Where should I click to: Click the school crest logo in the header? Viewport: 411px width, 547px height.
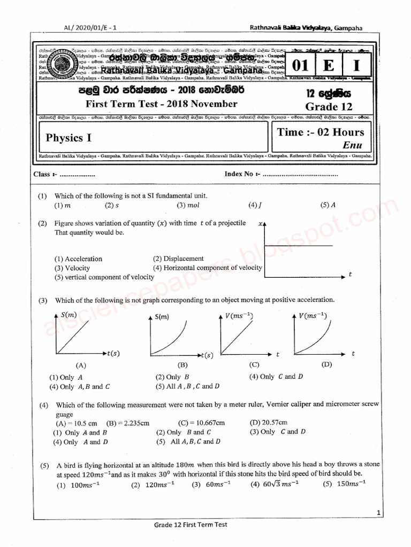click(x=65, y=64)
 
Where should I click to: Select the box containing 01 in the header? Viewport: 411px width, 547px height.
click(x=301, y=66)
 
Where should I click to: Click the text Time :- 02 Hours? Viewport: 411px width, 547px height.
click(x=321, y=132)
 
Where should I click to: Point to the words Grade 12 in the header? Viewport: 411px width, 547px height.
click(x=329, y=106)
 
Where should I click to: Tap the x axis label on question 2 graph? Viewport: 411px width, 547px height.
click(x=261, y=224)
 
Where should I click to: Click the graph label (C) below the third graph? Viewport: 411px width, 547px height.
click(x=254, y=365)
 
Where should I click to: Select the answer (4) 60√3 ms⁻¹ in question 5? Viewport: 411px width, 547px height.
click(x=275, y=485)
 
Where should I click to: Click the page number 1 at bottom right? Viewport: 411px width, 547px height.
click(x=378, y=513)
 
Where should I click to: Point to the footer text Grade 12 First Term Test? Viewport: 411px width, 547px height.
click(x=191, y=525)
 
